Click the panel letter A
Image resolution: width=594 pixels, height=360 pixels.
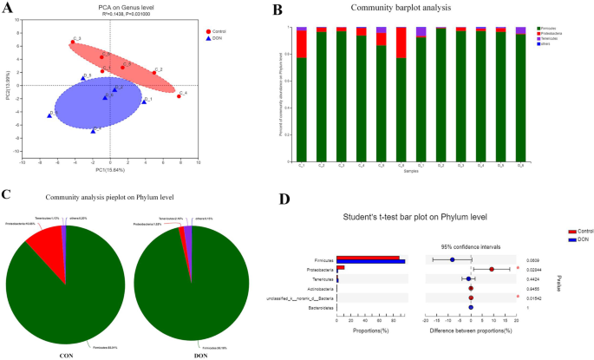(9, 10)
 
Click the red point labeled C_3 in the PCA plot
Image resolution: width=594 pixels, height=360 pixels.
(72, 42)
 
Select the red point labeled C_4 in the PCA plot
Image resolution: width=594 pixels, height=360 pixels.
(180, 96)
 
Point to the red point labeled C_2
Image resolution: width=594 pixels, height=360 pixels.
(153, 73)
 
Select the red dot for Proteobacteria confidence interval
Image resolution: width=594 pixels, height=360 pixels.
(492, 269)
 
